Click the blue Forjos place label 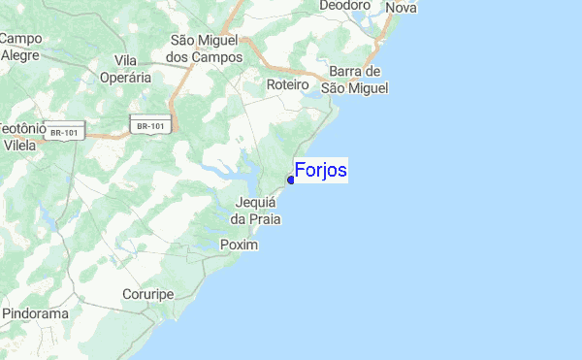tap(320, 171)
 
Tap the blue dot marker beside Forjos tap(291, 180)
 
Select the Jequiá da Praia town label tap(255, 211)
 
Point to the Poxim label tap(240, 245)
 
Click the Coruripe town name tap(147, 293)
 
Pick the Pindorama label tap(34, 314)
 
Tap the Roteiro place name tap(287, 85)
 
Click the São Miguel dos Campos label tap(205, 49)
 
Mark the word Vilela tap(19, 145)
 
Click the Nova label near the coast tap(401, 8)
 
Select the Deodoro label tap(345, 5)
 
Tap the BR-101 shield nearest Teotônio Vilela tap(71, 131)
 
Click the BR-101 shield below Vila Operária tap(150, 125)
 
